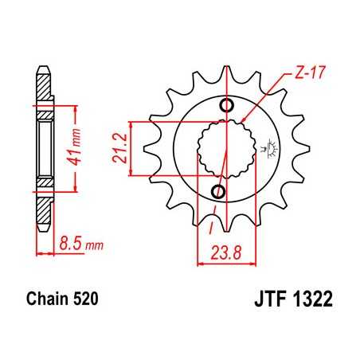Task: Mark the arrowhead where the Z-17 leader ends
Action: click(x=245, y=121)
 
